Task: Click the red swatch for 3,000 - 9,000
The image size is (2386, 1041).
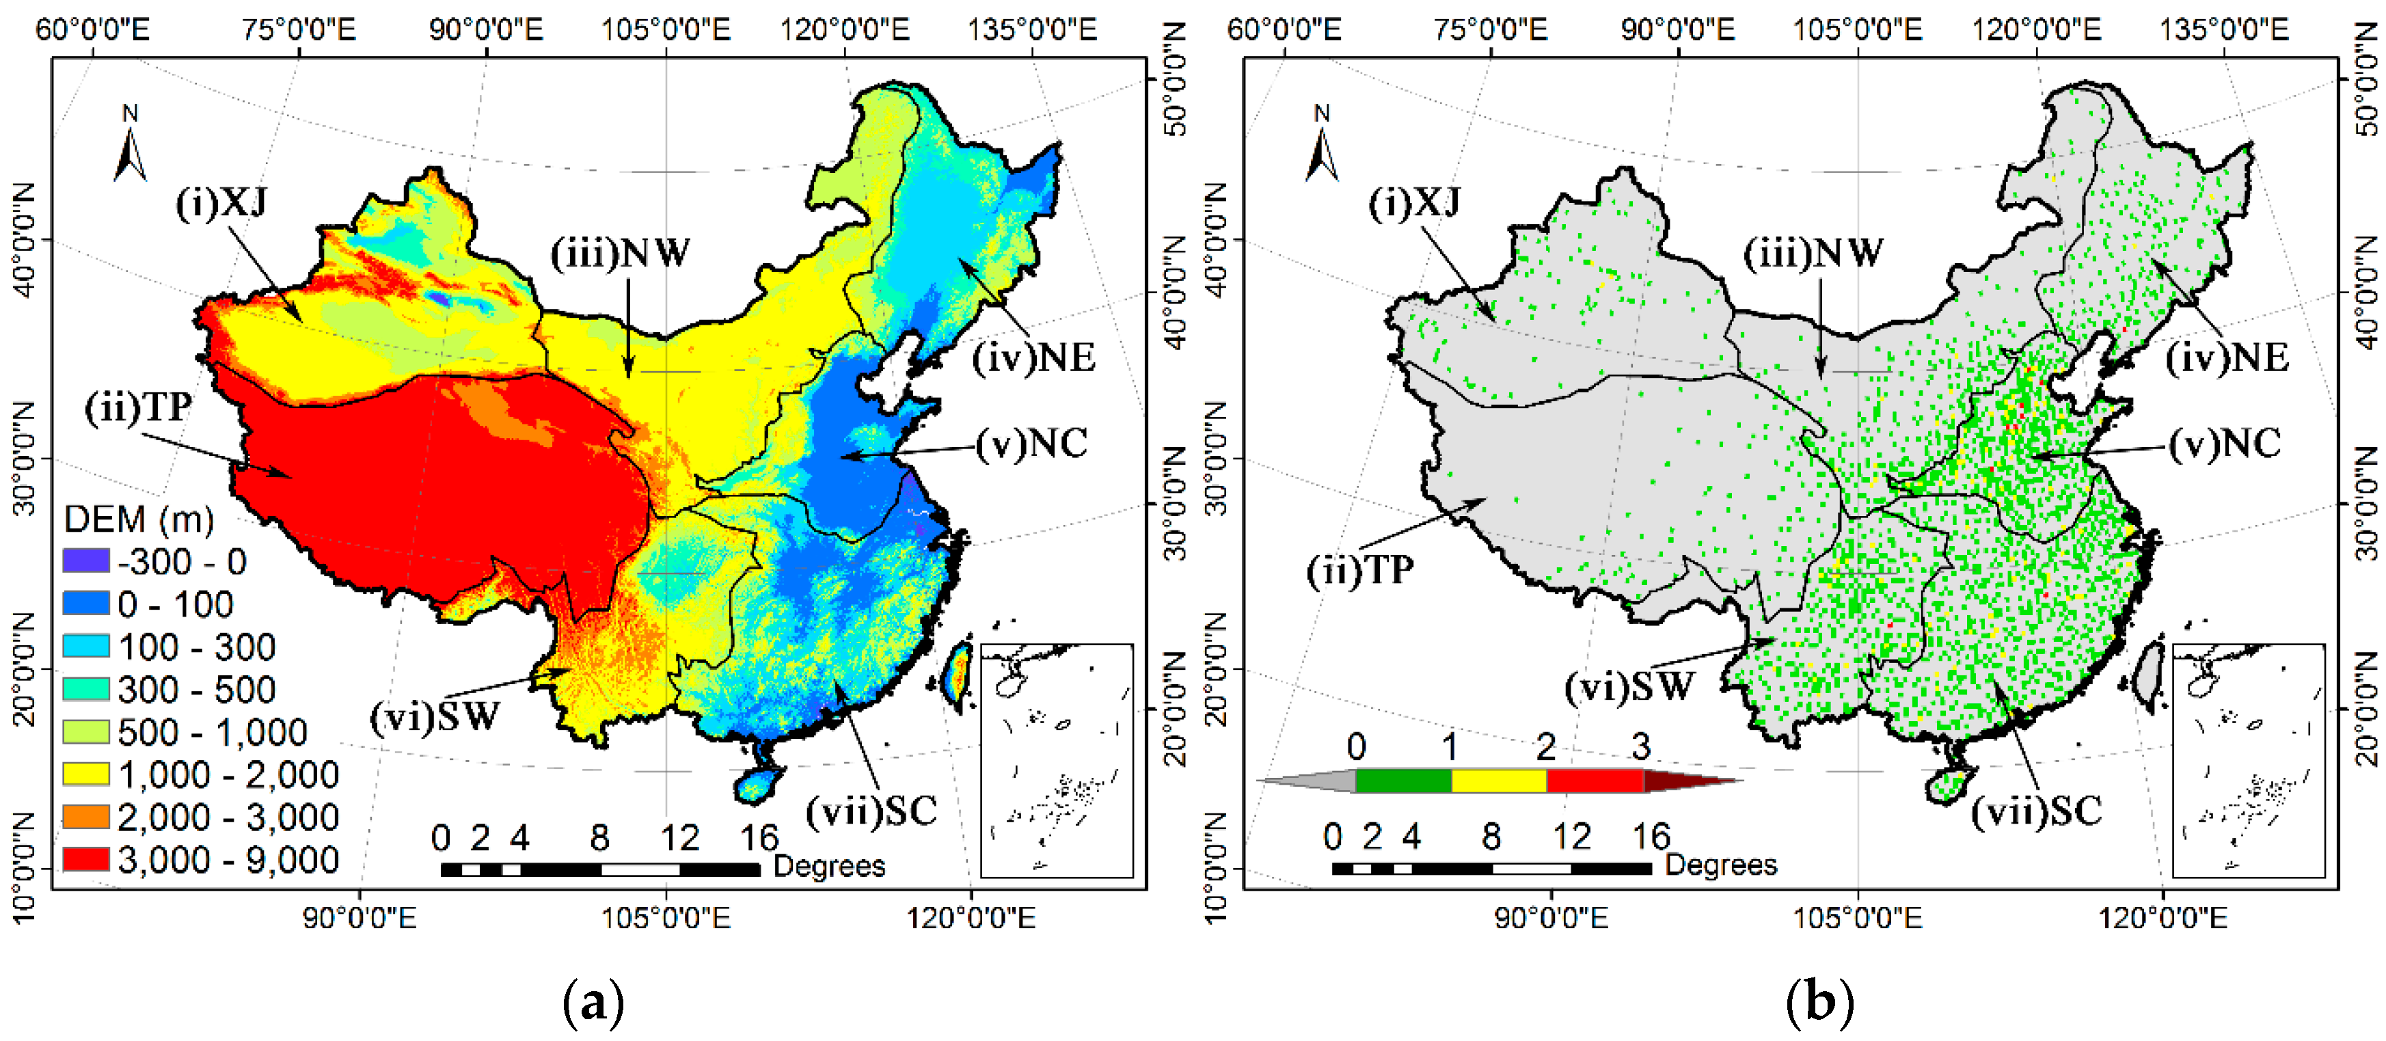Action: click(85, 859)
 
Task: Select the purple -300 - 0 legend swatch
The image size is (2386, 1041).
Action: click(85, 560)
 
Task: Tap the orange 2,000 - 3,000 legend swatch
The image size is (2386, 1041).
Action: click(85, 816)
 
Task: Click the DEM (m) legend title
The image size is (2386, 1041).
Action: click(138, 519)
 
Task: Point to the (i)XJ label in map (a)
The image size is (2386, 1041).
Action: click(221, 202)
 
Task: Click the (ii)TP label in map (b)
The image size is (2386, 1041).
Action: click(1359, 569)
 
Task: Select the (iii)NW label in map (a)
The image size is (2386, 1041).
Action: click(621, 252)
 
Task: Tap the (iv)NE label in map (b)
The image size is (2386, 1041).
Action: click(2227, 357)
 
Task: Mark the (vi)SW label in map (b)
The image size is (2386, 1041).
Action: click(1629, 686)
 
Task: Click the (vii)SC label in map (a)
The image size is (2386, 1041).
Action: click(871, 811)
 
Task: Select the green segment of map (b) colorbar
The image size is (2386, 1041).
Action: click(1403, 781)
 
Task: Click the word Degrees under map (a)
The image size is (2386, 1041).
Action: click(829, 866)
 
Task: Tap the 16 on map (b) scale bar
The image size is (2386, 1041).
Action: click(1651, 837)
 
